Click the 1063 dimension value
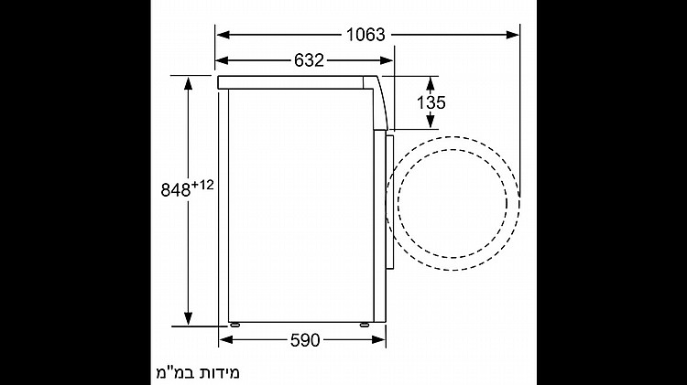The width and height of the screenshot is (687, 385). click(x=365, y=35)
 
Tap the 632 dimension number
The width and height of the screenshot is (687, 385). click(x=309, y=60)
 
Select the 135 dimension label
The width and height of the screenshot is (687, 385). click(x=431, y=102)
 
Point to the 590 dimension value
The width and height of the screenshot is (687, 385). click(x=305, y=340)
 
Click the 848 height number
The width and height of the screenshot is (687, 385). click(x=176, y=190)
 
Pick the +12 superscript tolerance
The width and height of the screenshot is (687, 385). click(x=202, y=185)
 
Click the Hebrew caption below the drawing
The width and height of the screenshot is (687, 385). click(x=198, y=372)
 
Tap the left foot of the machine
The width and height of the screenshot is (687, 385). click(x=234, y=325)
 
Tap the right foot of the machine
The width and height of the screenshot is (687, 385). click(x=365, y=325)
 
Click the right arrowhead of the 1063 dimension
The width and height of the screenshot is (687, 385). click(x=513, y=35)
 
